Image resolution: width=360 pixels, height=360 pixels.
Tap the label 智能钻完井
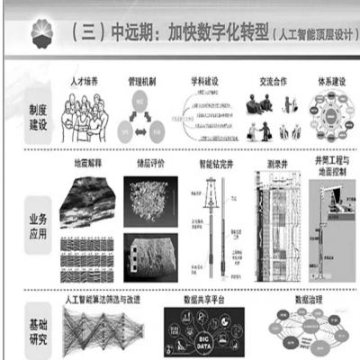pyautogui.click(x=212, y=166)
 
